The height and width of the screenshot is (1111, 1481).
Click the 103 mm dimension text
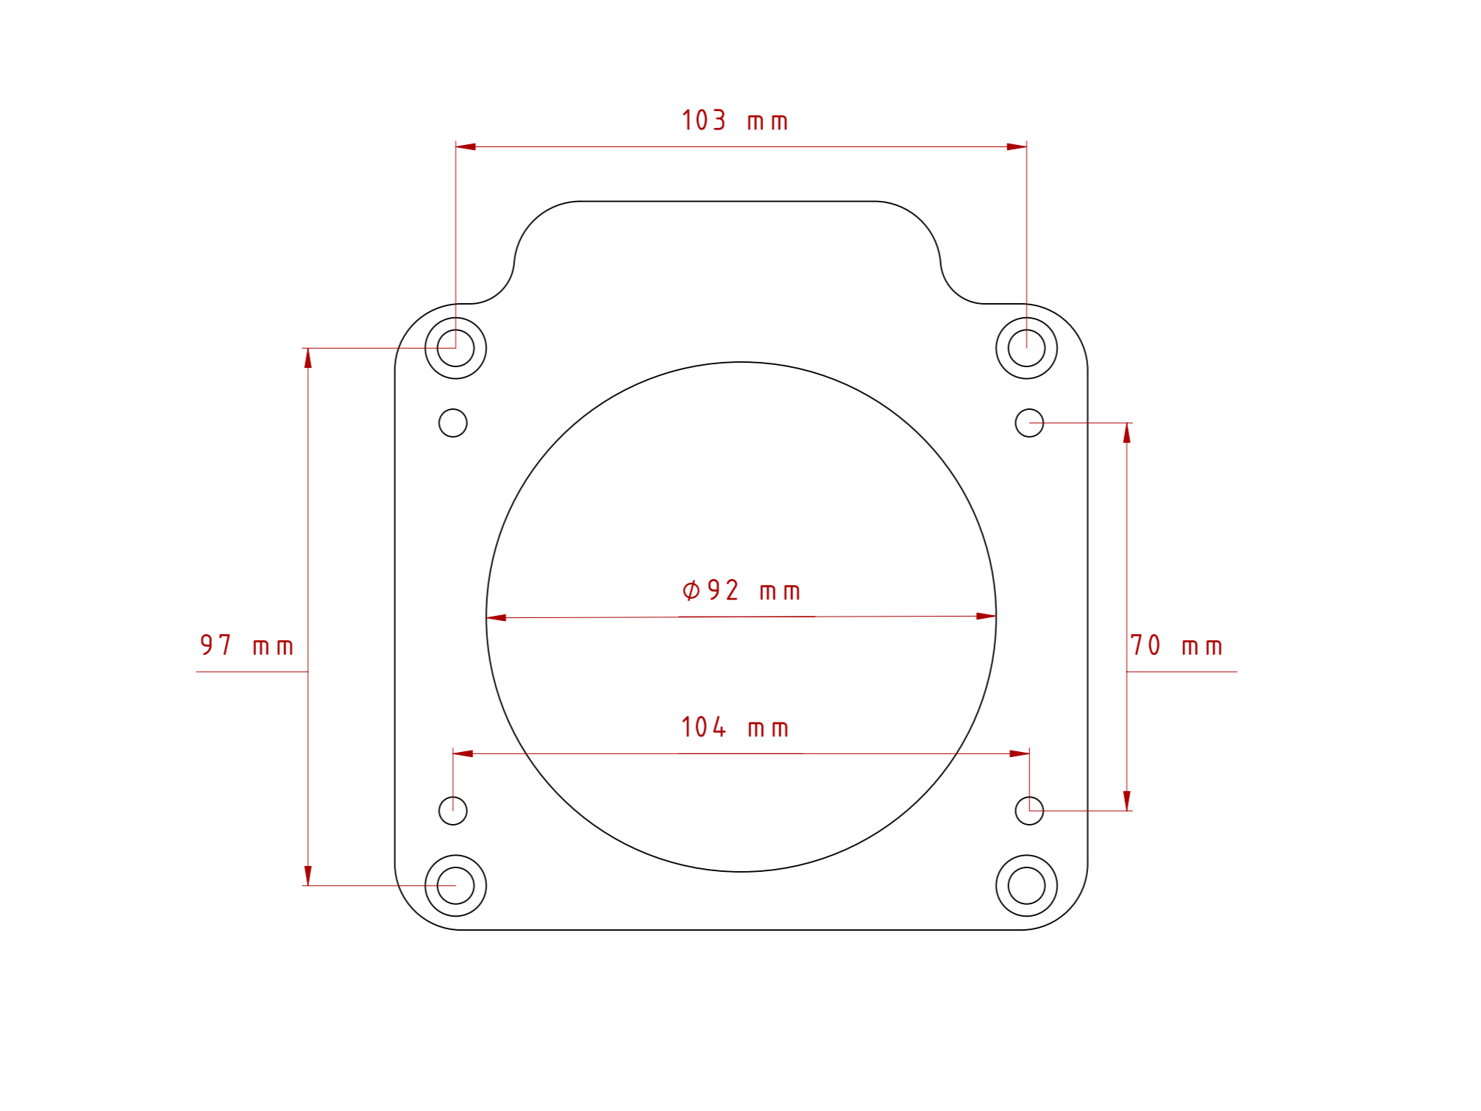(x=734, y=121)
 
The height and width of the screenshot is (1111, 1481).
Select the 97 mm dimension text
(x=246, y=646)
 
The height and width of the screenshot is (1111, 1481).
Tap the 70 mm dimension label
(x=1176, y=646)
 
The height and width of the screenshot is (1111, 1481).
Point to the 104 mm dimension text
(x=734, y=728)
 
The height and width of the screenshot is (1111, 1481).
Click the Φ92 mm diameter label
(x=741, y=591)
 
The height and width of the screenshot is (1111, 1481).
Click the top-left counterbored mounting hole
(x=455, y=348)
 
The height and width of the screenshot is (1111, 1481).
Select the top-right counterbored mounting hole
(x=1026, y=348)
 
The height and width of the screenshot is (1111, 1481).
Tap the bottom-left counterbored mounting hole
(x=455, y=886)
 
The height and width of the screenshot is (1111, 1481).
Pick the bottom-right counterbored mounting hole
(x=1026, y=886)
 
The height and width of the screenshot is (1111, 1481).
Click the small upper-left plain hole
(x=452, y=423)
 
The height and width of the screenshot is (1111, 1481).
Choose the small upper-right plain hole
(x=1029, y=423)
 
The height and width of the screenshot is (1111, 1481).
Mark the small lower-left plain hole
(x=452, y=811)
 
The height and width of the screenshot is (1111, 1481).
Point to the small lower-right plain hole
(x=1029, y=811)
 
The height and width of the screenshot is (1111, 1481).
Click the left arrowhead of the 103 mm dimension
(x=466, y=147)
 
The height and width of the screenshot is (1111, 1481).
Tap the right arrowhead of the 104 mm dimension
(x=1020, y=753)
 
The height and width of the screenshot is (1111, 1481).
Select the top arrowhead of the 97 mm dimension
(x=308, y=358)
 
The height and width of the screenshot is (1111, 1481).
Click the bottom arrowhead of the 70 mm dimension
(x=1126, y=801)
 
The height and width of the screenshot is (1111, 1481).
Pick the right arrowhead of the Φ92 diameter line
(x=987, y=617)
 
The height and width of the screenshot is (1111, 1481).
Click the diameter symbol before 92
(x=691, y=590)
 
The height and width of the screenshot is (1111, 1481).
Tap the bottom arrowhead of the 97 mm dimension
(x=308, y=876)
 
